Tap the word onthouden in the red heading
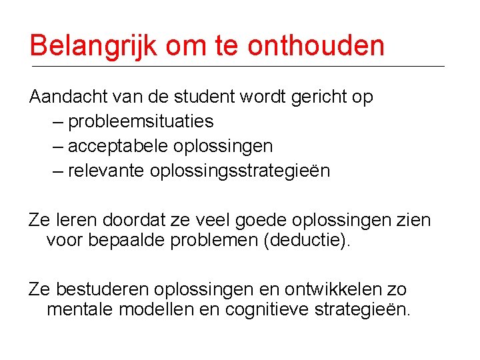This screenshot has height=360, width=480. pyautogui.click(x=316, y=46)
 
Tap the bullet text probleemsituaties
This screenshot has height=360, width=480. pyautogui.click(x=141, y=121)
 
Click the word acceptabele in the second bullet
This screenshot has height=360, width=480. pyautogui.click(x=118, y=146)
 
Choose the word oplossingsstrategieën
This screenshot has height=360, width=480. pyautogui.click(x=240, y=171)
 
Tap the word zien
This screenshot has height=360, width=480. pyautogui.click(x=413, y=219)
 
